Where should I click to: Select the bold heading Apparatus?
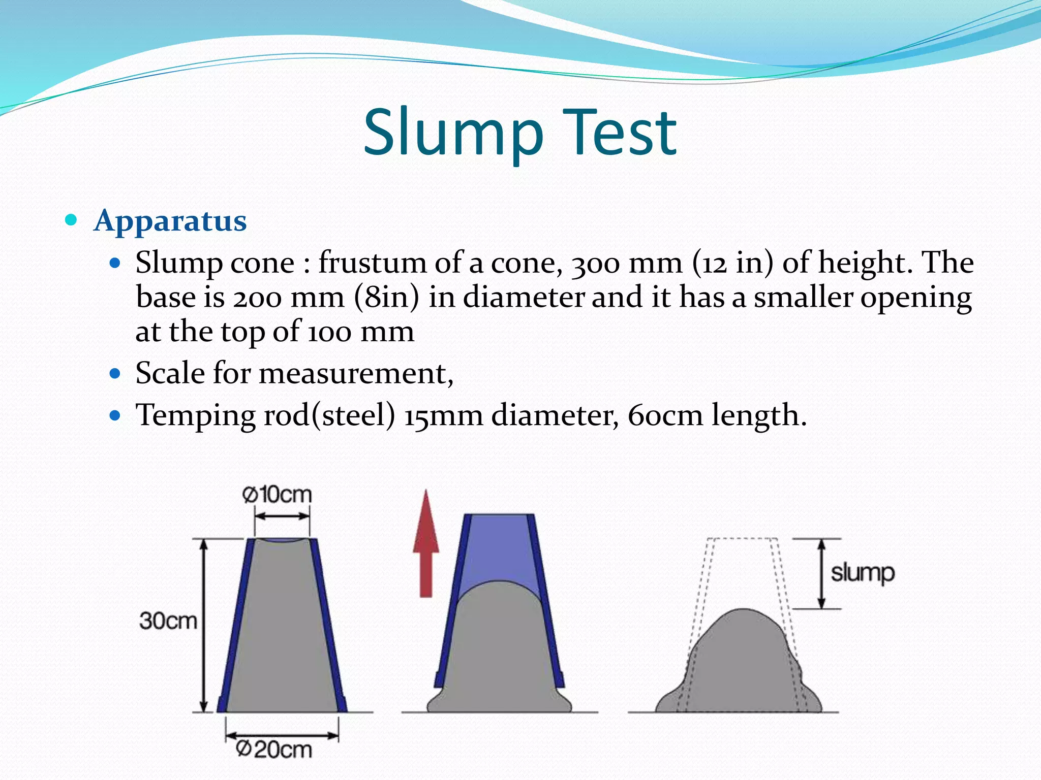pyautogui.click(x=170, y=221)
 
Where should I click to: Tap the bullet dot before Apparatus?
pyautogui.click(x=71, y=220)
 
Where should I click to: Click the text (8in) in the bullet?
pyautogui.click(x=386, y=297)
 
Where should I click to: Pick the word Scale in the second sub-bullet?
pyautogui.click(x=170, y=373)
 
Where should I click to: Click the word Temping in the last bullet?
pyautogui.click(x=195, y=415)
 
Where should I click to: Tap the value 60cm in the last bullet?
pyautogui.click(x=665, y=415)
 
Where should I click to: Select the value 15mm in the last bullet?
pyautogui.click(x=443, y=415)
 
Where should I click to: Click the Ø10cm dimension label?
pyautogui.click(x=277, y=494)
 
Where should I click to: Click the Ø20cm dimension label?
pyautogui.click(x=274, y=750)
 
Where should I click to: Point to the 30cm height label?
pyautogui.click(x=168, y=621)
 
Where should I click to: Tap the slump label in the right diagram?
pyautogui.click(x=863, y=573)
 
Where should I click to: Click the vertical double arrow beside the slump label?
pyautogui.click(x=821, y=573)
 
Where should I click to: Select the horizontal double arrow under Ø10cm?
pyautogui.click(x=282, y=516)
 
